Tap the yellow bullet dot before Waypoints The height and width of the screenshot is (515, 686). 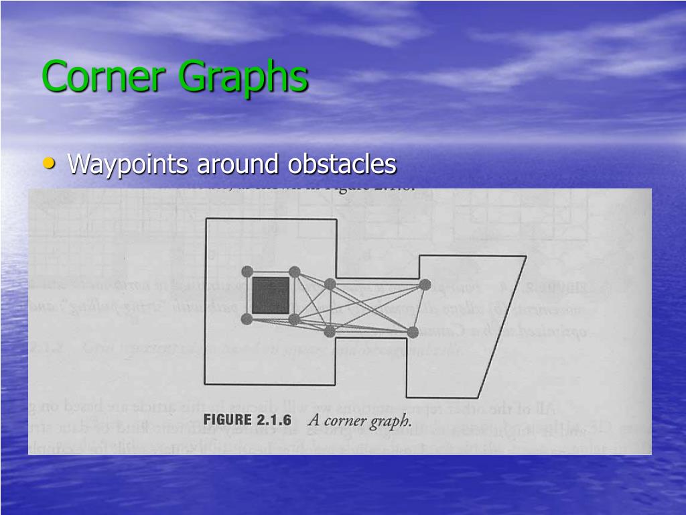point(50,163)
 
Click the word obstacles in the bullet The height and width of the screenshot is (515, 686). point(342,164)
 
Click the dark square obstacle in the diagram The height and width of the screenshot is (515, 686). point(270,294)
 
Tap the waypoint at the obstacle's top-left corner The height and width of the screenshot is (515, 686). point(247,271)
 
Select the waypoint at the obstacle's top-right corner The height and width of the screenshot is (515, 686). point(294,271)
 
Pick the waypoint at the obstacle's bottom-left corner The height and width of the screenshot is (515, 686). point(247,319)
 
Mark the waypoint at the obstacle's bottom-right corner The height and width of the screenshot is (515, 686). point(294,319)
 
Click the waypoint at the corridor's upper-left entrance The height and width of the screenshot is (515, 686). point(330,284)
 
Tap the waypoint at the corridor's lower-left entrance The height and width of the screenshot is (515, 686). point(330,331)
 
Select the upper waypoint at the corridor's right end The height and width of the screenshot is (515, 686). point(424,284)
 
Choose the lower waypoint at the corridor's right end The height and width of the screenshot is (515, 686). point(413,331)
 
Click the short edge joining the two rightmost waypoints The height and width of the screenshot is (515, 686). point(419,308)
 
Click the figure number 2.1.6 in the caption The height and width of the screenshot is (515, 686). point(277,422)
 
